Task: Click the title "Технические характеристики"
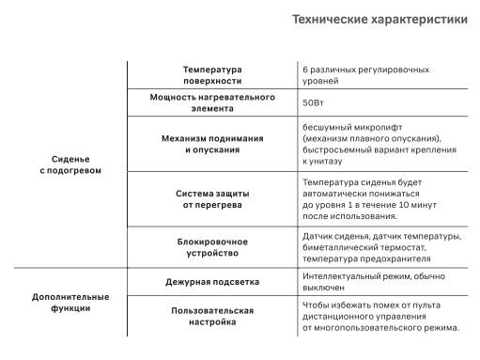tap(379, 20)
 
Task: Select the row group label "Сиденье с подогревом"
tap(70, 164)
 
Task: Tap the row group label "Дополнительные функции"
tap(70, 302)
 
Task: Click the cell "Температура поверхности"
tap(212, 75)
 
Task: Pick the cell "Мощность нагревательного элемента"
tap(212, 102)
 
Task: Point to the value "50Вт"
tap(314, 103)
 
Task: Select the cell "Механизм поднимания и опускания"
tap(212, 143)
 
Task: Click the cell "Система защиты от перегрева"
tap(212, 198)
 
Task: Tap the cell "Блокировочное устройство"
tap(212, 247)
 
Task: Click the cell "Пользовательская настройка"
tap(212, 315)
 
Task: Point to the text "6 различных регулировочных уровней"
tap(365, 75)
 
